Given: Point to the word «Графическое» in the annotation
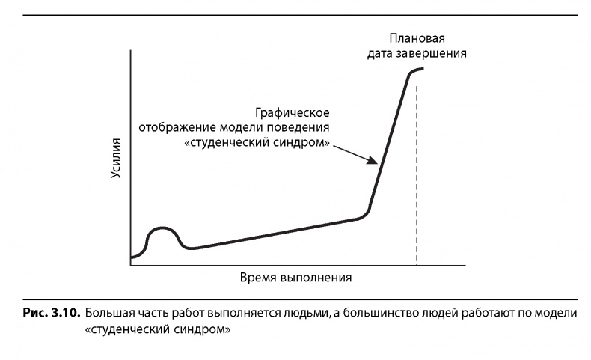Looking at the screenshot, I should pos(292,112).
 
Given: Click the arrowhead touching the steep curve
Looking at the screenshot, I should pos(372,159).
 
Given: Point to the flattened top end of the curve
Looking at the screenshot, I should pos(417,70).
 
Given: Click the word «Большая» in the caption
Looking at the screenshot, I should pos(109,311).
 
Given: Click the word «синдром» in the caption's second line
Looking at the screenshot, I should pos(202,327).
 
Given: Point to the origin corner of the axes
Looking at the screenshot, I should pos(131,264).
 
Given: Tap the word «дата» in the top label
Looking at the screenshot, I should pos(380,54).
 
